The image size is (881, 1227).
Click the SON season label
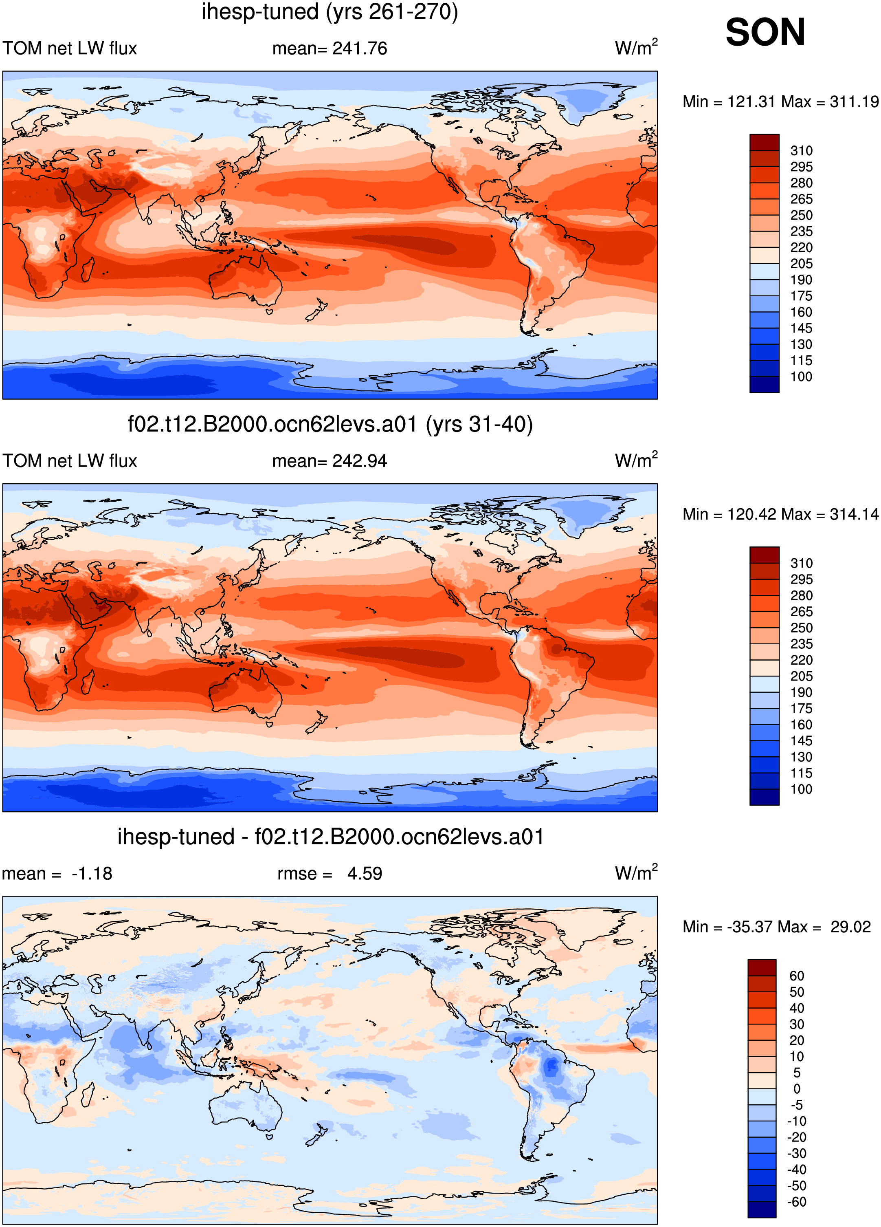765,33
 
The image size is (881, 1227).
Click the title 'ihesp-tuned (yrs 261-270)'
330,12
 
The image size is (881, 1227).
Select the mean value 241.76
360,48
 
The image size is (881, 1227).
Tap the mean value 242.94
360,461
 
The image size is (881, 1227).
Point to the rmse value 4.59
365,874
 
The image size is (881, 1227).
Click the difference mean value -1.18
92,874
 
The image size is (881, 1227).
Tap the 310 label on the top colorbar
802,151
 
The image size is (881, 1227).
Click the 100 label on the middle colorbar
802,789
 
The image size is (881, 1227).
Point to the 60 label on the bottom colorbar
797,976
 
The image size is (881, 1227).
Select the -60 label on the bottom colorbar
797,1202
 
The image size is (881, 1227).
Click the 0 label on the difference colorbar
797,1088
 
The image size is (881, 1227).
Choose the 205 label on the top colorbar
802,264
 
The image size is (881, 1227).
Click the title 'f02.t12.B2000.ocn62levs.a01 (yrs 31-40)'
330,425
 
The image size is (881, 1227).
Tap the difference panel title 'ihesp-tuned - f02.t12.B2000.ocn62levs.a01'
330,837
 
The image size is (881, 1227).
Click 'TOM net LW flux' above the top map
70,48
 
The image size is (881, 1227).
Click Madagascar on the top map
88,271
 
